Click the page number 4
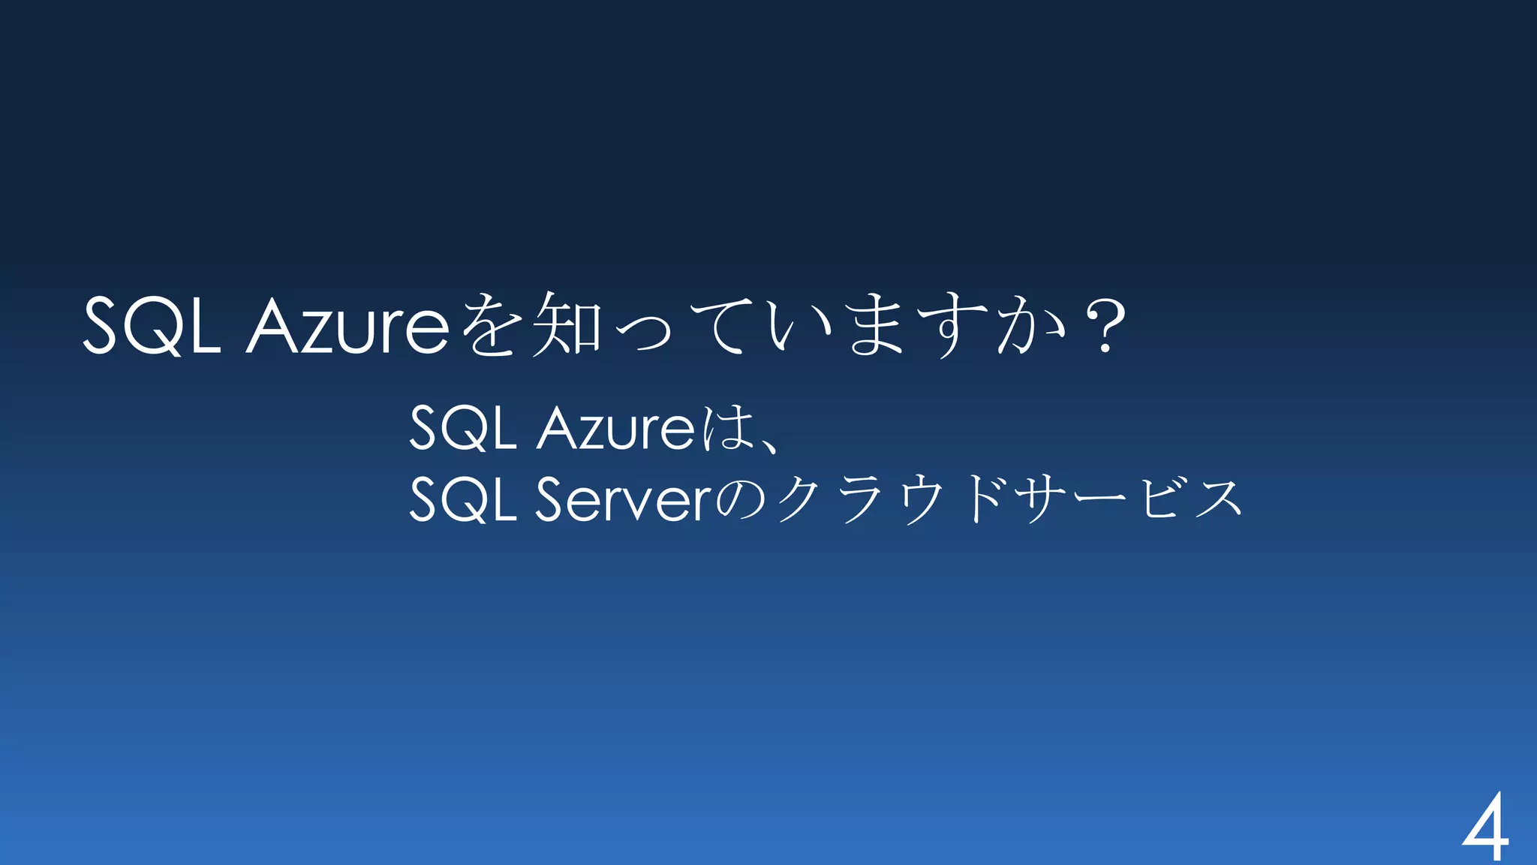click(1485, 827)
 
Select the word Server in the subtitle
click(623, 499)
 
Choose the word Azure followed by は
click(616, 428)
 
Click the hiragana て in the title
click(720, 324)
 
